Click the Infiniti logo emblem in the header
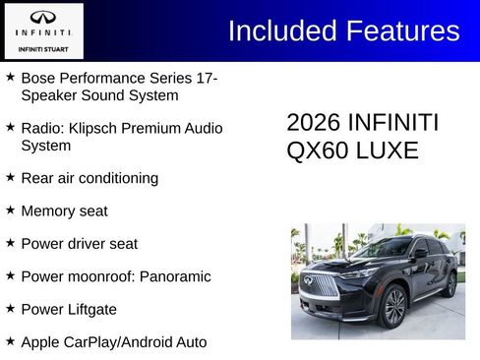[x=42, y=17]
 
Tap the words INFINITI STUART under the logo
[x=42, y=46]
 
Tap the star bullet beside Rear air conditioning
[x=10, y=177]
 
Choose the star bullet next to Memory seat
[x=10, y=210]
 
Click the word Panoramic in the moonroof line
[x=175, y=276]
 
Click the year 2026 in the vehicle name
[x=314, y=123]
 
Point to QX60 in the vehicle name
[x=314, y=150]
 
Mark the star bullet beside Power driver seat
[x=10, y=242]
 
